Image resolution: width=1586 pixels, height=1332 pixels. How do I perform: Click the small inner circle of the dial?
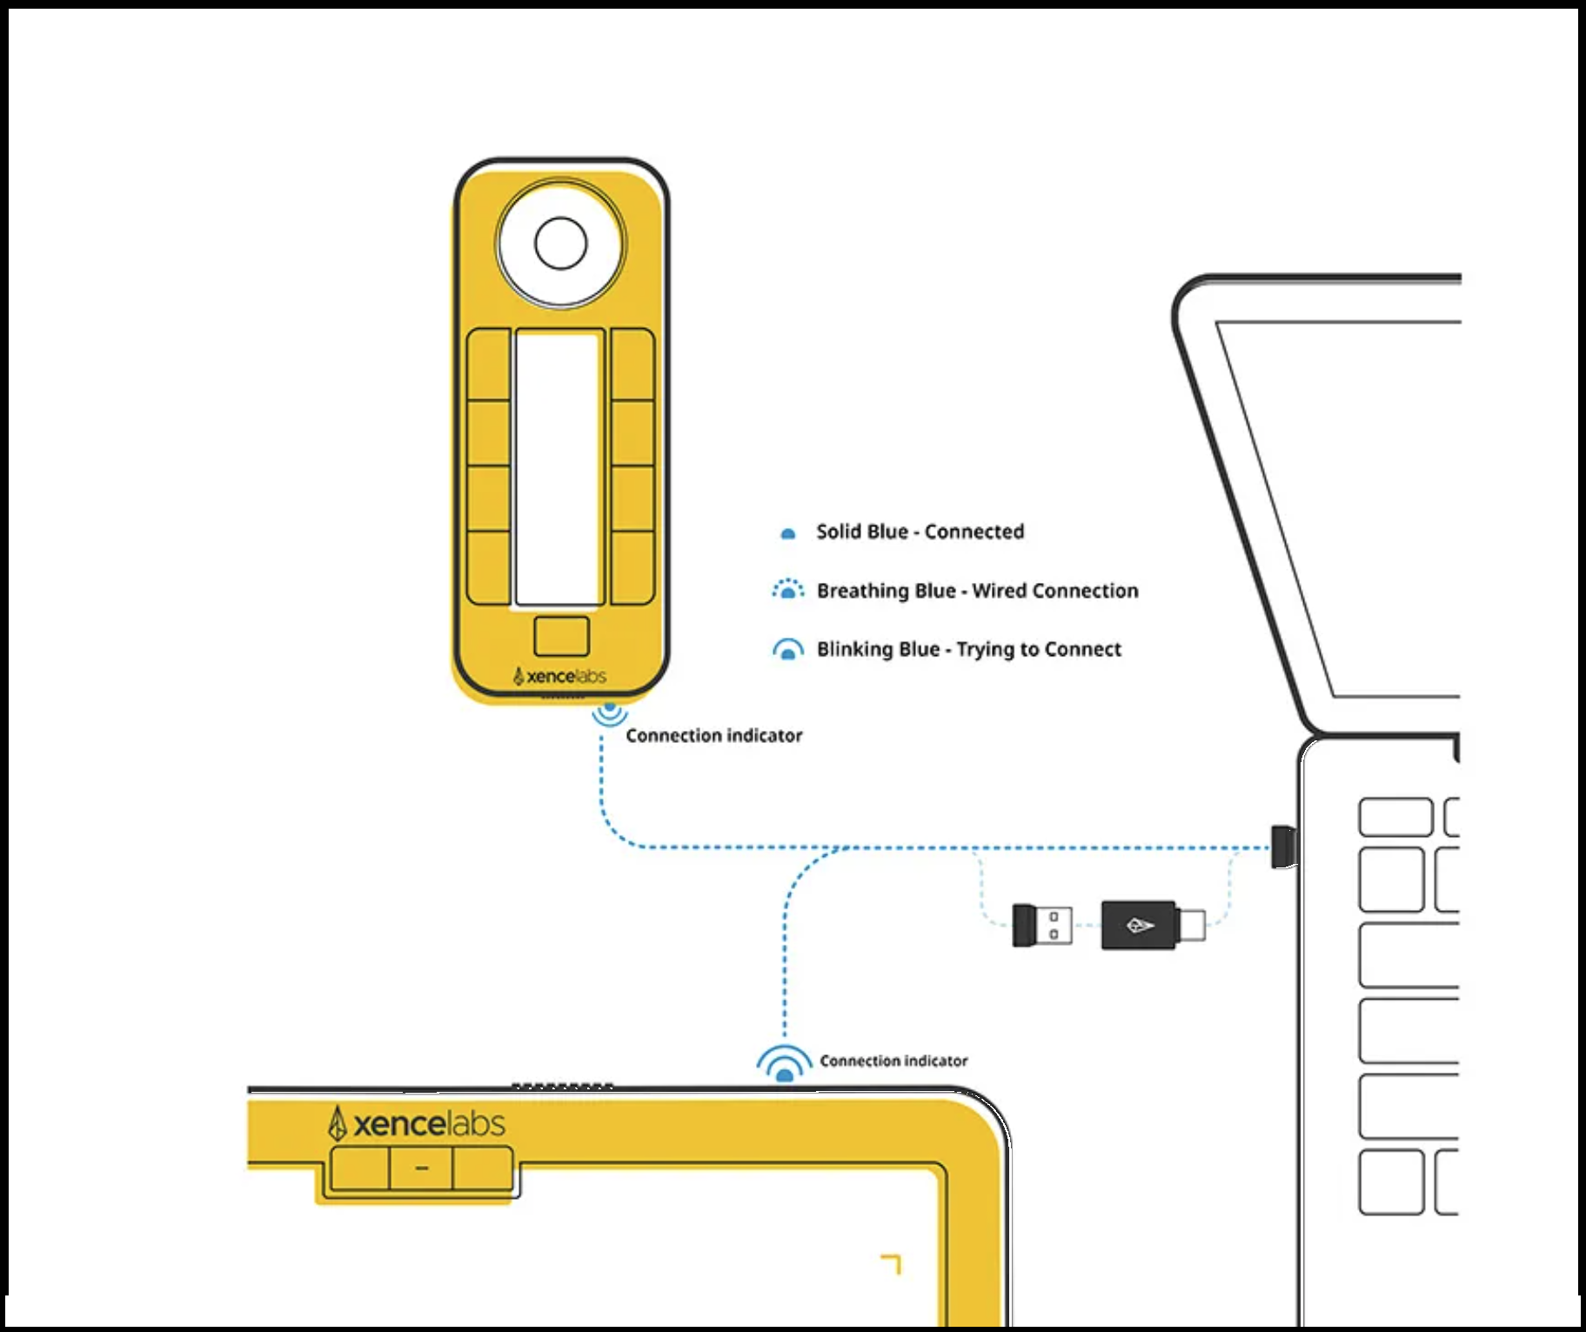pos(561,244)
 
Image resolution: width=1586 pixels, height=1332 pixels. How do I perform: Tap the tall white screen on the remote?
pos(559,467)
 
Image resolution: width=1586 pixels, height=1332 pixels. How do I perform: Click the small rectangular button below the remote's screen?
pos(561,636)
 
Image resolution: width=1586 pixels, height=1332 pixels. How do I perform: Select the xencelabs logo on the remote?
pos(560,676)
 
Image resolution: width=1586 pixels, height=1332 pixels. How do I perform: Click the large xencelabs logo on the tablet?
pos(417,1123)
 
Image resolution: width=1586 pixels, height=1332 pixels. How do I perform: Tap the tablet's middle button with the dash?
pos(421,1168)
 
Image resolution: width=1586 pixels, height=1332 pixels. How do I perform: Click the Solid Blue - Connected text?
pos(920,532)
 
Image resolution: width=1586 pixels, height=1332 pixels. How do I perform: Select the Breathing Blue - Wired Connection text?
pos(977,591)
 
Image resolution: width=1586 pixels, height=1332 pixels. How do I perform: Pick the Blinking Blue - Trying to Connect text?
pos(968,649)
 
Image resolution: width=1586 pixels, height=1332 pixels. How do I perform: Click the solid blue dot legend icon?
pos(788,533)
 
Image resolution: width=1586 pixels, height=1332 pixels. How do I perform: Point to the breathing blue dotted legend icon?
pos(788,591)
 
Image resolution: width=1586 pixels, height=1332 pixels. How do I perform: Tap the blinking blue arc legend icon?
pos(788,650)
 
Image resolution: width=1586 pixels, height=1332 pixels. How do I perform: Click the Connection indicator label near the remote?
pos(713,736)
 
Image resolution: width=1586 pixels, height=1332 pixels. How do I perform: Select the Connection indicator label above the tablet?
pos(893,1061)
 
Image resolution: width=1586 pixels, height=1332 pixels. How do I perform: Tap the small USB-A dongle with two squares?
pos(1041,925)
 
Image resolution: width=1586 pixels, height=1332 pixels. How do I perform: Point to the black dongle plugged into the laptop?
pos(1283,847)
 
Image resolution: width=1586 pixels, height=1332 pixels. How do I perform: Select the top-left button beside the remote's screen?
pos(489,364)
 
